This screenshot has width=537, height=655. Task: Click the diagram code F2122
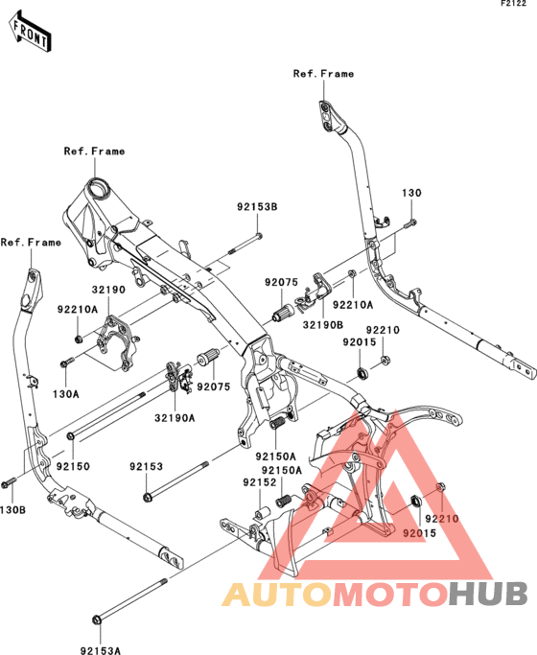(513, 6)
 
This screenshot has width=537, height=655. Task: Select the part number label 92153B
(258, 206)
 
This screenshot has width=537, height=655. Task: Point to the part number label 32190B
(323, 323)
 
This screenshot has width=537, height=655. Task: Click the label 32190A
(175, 417)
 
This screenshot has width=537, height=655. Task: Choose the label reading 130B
(12, 509)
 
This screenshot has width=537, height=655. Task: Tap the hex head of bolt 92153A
(96, 620)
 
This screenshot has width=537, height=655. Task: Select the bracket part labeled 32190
(111, 342)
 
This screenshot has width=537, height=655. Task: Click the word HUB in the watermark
(487, 594)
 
